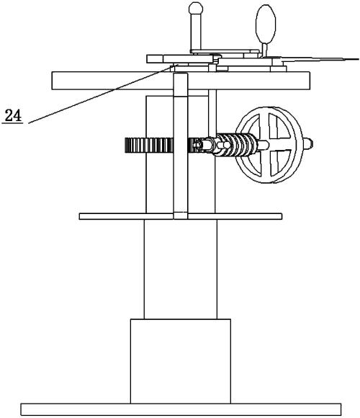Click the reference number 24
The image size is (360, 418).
[x=13, y=116]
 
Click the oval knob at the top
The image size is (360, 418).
[x=266, y=24]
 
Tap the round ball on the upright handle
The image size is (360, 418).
[x=196, y=8]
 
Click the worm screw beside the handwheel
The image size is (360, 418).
[x=236, y=144]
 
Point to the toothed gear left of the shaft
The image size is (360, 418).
[x=149, y=146]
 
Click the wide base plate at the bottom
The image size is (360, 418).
[x=181, y=409]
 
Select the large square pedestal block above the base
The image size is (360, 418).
[x=181, y=361]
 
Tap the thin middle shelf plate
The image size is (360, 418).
[x=181, y=216]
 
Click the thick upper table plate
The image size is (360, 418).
[x=181, y=81]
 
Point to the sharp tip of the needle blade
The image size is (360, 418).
[x=358, y=59]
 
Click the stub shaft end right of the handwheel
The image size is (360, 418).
[x=308, y=144]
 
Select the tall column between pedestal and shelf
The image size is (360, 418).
[x=181, y=270]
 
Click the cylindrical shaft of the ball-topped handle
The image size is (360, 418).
[x=196, y=32]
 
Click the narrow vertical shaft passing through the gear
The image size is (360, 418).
[x=181, y=146]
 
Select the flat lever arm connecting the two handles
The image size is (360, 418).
[x=225, y=51]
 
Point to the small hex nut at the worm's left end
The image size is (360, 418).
[x=197, y=145]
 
